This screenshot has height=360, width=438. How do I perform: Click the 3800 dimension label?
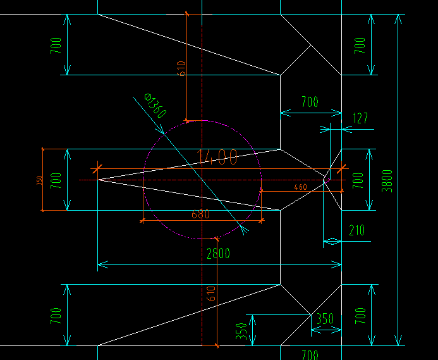(387, 180)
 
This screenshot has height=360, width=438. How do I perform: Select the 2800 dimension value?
(219, 254)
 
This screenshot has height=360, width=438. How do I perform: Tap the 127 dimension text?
(359, 118)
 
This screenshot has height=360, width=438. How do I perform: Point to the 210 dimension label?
(356, 230)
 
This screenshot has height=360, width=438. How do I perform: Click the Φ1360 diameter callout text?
(155, 106)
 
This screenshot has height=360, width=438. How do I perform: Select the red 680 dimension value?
(200, 214)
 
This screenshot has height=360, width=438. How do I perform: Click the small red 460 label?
(300, 187)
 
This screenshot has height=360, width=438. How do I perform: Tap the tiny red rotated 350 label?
(39, 180)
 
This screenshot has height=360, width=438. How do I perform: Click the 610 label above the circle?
(181, 67)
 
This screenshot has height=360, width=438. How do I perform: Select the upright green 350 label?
(325, 319)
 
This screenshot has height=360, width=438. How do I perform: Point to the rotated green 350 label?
(241, 330)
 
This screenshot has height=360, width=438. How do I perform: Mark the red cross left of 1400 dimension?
(96, 168)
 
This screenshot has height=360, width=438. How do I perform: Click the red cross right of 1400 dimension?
(343, 168)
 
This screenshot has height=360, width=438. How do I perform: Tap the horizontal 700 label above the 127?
(310, 102)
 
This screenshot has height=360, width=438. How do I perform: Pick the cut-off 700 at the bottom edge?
(310, 355)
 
